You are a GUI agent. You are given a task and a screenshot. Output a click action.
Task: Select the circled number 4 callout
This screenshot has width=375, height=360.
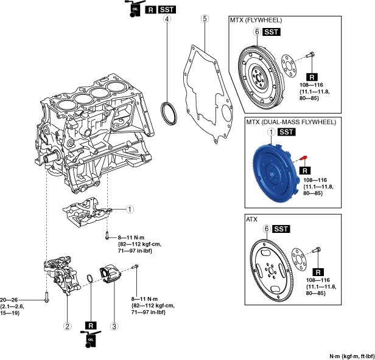pos(166,19)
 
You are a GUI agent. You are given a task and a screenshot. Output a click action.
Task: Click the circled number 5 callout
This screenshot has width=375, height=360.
pos(205,19)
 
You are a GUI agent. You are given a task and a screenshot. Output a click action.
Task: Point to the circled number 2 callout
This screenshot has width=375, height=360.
pos(68,325)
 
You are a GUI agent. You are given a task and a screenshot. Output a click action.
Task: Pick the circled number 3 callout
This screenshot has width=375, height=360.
pos(113,325)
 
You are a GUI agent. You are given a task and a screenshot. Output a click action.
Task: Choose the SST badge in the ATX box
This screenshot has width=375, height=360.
pos(281,229)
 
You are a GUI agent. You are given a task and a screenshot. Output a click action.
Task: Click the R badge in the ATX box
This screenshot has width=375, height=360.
pos(317,272)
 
